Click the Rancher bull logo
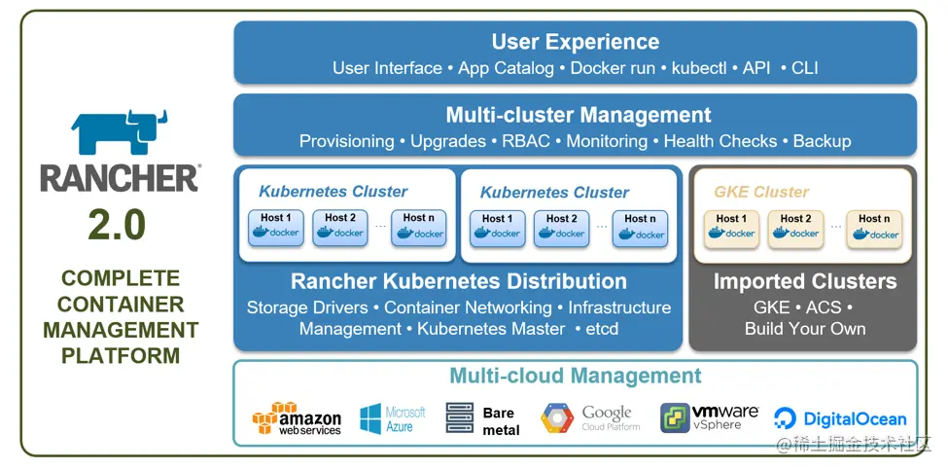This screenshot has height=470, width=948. (x=119, y=133)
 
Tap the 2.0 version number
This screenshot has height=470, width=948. (x=117, y=226)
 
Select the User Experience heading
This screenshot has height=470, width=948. (x=575, y=42)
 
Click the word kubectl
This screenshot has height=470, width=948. (x=699, y=68)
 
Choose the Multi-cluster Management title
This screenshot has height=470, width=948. (x=578, y=114)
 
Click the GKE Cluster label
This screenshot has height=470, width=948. (x=761, y=192)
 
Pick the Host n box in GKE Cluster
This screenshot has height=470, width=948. (x=874, y=229)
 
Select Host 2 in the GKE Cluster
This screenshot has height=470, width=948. (x=795, y=229)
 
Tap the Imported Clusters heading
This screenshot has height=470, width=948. (x=805, y=281)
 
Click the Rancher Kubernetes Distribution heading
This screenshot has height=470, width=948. (x=458, y=281)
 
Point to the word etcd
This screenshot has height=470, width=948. (x=602, y=329)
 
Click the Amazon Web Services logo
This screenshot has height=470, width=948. (x=297, y=418)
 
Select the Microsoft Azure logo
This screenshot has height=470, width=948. (x=393, y=419)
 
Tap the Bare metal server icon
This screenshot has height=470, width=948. (x=460, y=418)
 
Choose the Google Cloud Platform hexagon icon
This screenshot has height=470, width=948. (x=557, y=418)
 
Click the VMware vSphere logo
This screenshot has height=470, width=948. (x=709, y=417)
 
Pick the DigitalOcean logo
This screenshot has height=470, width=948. (x=840, y=418)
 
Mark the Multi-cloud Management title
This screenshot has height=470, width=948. (x=575, y=376)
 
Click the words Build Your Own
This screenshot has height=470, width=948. (x=805, y=329)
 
